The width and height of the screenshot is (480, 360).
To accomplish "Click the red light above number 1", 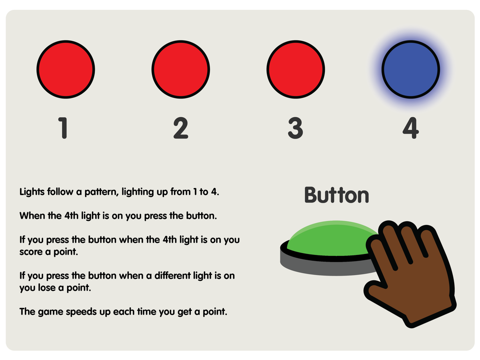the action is point(66,69).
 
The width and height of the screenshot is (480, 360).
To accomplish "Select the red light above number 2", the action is point(180,69).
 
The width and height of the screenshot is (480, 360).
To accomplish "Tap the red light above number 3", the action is point(296,69).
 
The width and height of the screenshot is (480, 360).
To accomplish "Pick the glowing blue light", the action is point(411,69).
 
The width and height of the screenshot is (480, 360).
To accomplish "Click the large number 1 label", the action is point(63,128).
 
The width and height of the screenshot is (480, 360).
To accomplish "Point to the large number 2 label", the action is point(180,128).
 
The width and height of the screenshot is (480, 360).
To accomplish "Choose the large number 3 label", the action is point(295,128).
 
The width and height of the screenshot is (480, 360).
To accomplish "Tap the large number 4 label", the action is point(411,128).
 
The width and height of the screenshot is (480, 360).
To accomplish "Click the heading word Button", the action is point(337,195).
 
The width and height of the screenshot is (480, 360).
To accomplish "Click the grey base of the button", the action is point(324,266).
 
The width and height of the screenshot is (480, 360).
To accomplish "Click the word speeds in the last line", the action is point(80,312).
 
